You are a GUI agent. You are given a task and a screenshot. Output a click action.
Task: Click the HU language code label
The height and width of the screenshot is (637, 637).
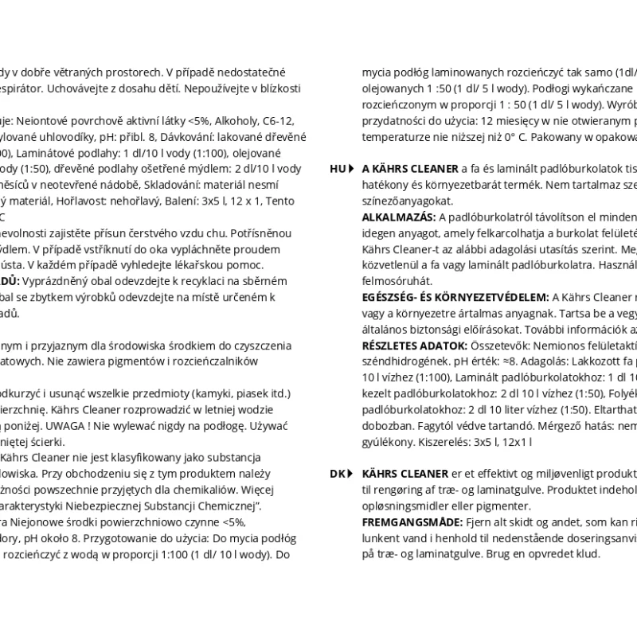coord(337,169)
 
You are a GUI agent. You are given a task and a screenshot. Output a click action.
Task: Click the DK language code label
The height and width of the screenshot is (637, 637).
coord(337,473)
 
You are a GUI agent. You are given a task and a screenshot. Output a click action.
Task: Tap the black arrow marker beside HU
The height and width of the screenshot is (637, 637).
coord(351,169)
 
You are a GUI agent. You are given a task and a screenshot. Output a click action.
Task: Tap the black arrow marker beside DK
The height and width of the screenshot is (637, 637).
coord(351,473)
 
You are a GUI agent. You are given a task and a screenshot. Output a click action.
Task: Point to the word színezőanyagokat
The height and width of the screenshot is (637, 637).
coord(407,201)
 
